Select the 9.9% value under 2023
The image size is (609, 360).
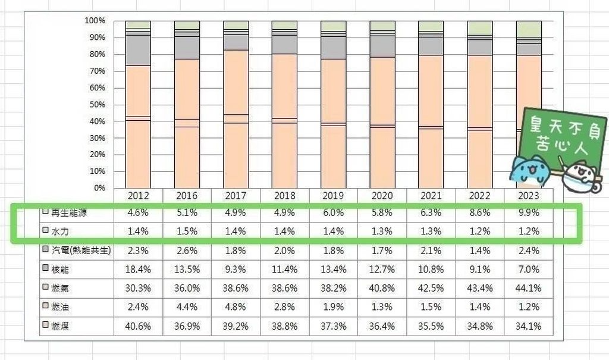click(x=528, y=212)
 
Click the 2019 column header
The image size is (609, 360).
click(x=333, y=195)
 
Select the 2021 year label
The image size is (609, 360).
click(x=431, y=195)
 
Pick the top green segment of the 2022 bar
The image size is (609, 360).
click(x=479, y=28)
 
